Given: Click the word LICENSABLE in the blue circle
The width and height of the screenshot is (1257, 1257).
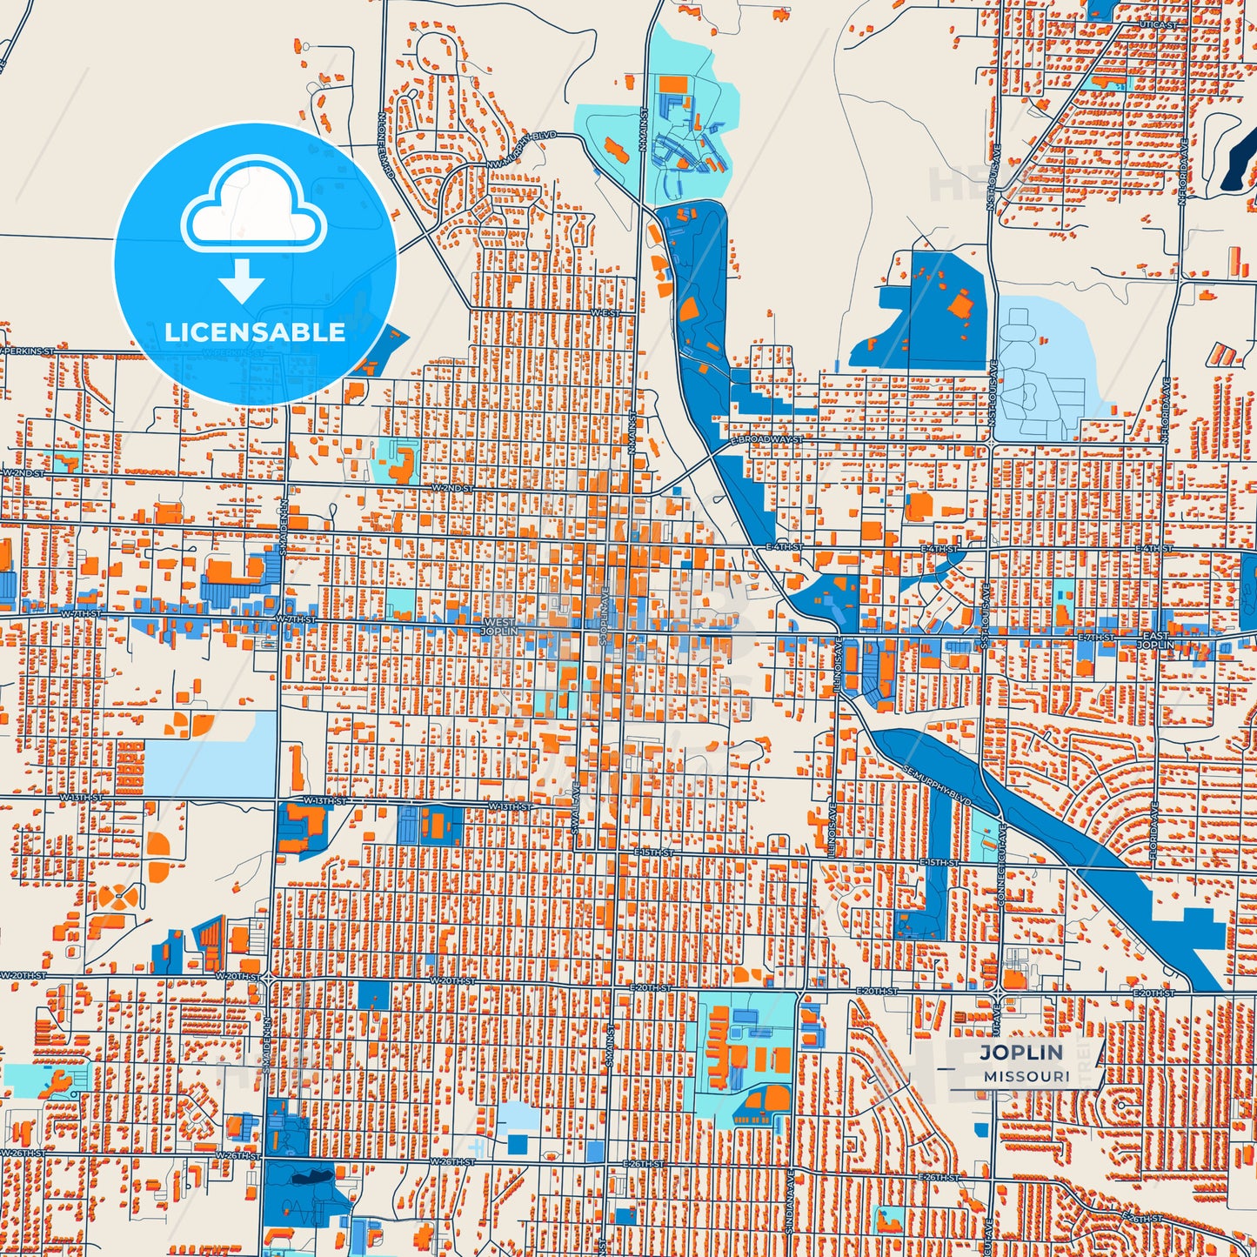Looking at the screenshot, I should (255, 332).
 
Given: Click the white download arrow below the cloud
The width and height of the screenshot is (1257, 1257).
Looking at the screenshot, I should (242, 281).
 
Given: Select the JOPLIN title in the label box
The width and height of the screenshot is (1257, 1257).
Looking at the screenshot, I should (1021, 1052).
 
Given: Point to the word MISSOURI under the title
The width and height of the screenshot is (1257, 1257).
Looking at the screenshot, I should (1027, 1076).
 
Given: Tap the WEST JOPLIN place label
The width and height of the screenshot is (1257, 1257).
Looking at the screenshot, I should (500, 627).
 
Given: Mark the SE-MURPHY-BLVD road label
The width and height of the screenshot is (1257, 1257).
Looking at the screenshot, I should (936, 786).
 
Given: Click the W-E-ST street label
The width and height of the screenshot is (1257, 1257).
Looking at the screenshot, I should (605, 312).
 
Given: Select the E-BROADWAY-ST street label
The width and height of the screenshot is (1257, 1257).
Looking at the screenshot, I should (766, 440).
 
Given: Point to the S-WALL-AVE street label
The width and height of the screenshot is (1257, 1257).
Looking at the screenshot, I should (576, 810).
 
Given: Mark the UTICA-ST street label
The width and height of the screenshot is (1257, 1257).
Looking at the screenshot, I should (1158, 26).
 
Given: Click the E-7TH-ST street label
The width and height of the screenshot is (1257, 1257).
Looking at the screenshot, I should (1096, 638).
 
